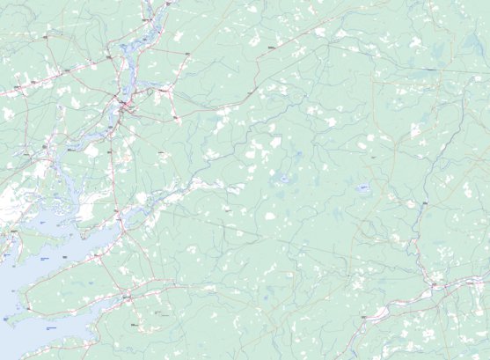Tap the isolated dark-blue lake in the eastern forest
coord(362,187)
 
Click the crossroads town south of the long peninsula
coord(128,298)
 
